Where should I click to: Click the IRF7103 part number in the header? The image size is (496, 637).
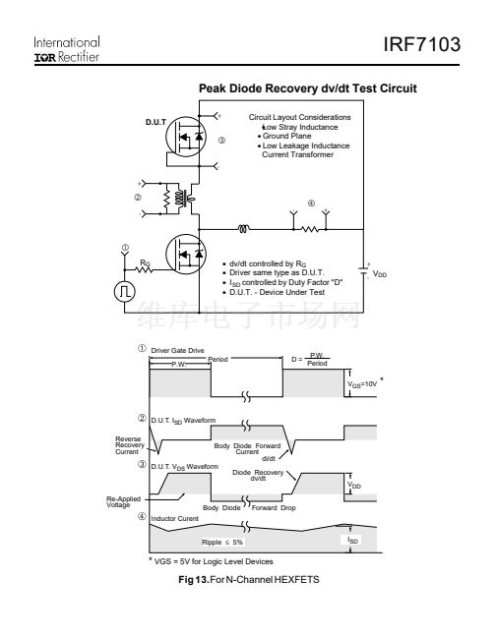(422, 44)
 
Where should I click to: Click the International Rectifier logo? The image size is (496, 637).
(67, 49)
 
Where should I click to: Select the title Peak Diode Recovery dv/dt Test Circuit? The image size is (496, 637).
(308, 88)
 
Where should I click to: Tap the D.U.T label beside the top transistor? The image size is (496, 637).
(155, 122)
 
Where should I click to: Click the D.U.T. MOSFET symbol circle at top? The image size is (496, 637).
(186, 137)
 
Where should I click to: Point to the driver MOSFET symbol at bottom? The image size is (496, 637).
(186, 254)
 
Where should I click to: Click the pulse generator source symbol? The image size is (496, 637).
(124, 291)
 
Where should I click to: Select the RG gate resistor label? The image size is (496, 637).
(145, 262)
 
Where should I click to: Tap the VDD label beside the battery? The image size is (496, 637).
(380, 274)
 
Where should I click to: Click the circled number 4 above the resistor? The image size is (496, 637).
(311, 203)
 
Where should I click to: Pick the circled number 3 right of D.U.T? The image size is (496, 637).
(221, 141)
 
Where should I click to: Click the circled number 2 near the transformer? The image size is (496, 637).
(138, 198)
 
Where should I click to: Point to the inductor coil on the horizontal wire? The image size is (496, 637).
(243, 229)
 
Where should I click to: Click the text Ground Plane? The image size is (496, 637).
(286, 136)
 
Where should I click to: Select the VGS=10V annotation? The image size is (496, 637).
(362, 384)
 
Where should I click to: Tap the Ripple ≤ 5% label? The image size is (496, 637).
(222, 543)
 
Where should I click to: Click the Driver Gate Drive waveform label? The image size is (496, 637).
(178, 351)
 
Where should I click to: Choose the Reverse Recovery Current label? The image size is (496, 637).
(129, 445)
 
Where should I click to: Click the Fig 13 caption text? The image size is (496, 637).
(249, 579)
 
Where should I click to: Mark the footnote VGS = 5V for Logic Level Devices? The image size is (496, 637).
(211, 561)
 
